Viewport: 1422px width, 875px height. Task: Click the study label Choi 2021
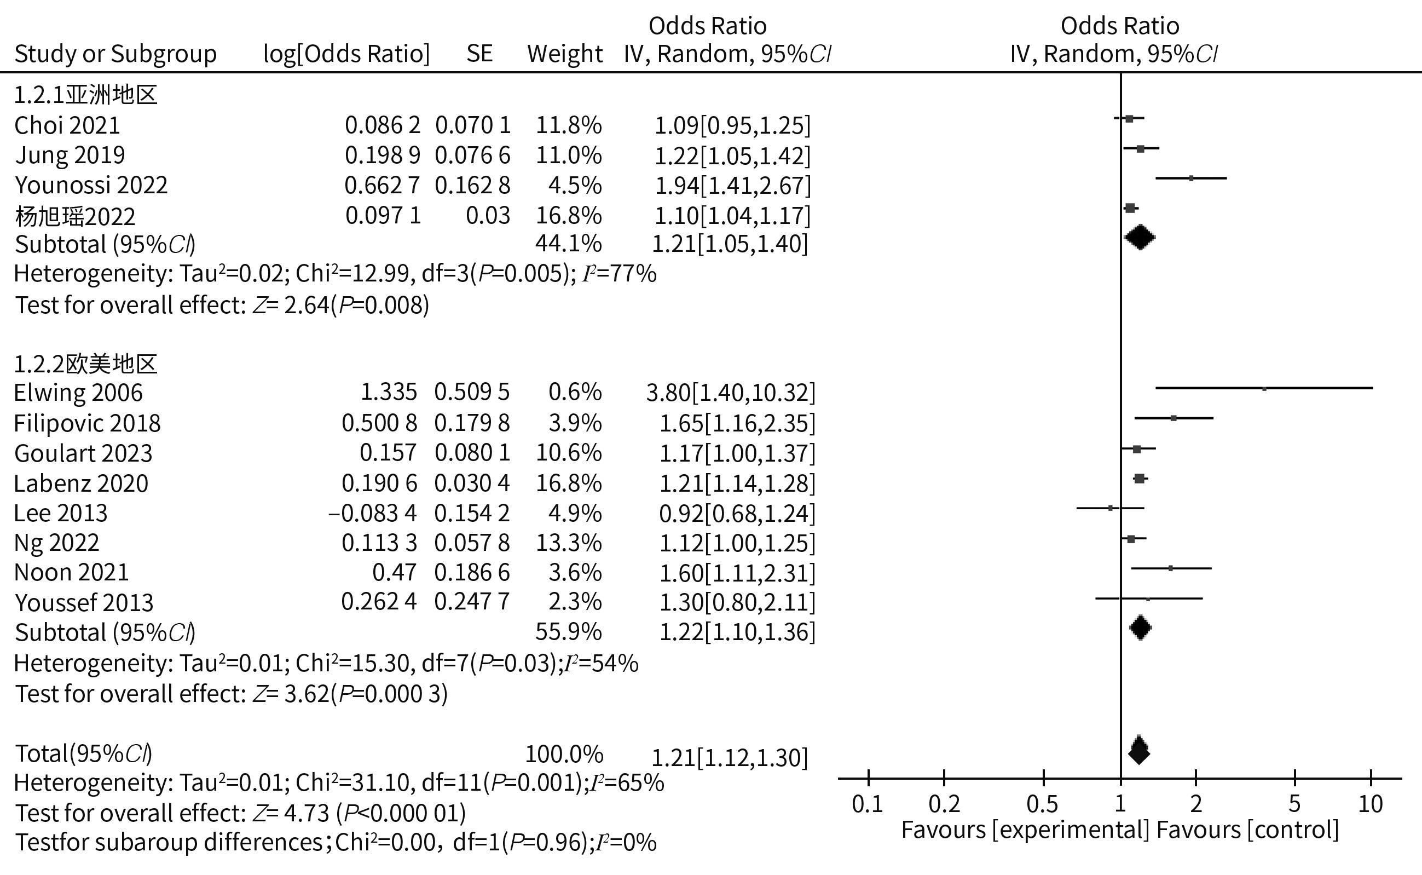pyautogui.click(x=67, y=125)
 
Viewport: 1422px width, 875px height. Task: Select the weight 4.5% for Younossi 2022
pyautogui.click(x=575, y=186)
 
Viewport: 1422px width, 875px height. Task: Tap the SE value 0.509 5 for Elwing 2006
pyautogui.click(x=471, y=393)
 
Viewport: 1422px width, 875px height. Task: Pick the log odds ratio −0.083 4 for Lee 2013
pyautogui.click(x=373, y=513)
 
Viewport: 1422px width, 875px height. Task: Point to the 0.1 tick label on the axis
pyautogui.click(x=867, y=804)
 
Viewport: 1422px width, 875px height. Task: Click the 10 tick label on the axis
pyautogui.click(x=1370, y=804)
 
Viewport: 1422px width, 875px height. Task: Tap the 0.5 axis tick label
pyautogui.click(x=1043, y=804)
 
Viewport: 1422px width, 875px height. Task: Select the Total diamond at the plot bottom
pyautogui.click(x=1138, y=751)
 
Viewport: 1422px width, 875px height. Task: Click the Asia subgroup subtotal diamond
pyautogui.click(x=1140, y=237)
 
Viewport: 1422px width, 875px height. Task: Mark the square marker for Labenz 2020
pyautogui.click(x=1139, y=479)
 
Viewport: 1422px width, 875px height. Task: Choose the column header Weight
pyautogui.click(x=565, y=54)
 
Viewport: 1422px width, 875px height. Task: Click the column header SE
pyautogui.click(x=479, y=54)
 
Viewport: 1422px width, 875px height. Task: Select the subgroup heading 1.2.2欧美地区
pyautogui.click(x=85, y=364)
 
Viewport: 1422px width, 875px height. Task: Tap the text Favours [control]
pyautogui.click(x=1247, y=830)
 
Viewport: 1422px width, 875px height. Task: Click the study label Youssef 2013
pyautogui.click(x=84, y=603)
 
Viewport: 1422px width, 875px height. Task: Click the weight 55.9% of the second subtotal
pyautogui.click(x=568, y=632)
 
